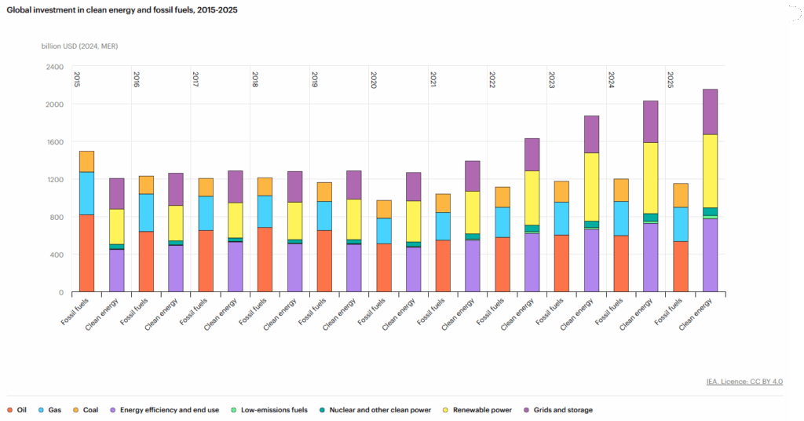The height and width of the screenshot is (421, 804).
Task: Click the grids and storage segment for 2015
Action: coord(116,193)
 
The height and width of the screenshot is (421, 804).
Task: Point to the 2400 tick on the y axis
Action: coord(54,67)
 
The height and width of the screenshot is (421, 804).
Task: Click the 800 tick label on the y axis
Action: coord(56,217)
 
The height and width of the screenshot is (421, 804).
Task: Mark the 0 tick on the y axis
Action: coord(60,292)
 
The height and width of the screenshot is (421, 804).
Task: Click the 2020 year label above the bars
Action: coord(373,79)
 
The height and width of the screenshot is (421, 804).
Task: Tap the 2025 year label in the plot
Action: coord(670,79)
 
